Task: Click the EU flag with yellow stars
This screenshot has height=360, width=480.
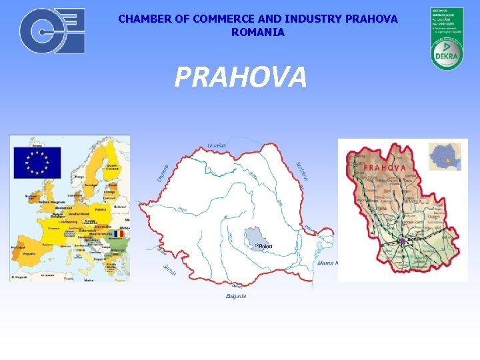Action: (37, 163)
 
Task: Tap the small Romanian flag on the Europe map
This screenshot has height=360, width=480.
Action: (119, 234)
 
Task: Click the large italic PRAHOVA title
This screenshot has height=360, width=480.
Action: (241, 77)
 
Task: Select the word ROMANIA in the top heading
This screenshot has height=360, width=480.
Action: (258, 32)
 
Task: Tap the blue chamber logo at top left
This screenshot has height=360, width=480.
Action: (52, 31)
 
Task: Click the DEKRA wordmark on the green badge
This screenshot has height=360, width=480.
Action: (445, 57)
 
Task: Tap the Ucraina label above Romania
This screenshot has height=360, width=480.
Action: (217, 145)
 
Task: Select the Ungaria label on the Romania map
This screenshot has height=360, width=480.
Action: (161, 174)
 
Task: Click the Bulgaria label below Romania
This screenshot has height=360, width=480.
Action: (235, 295)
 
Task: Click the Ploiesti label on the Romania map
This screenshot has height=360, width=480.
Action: (265, 246)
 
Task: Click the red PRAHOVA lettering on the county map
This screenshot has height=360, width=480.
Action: (385, 167)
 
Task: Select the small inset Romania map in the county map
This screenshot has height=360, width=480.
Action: (444, 157)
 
